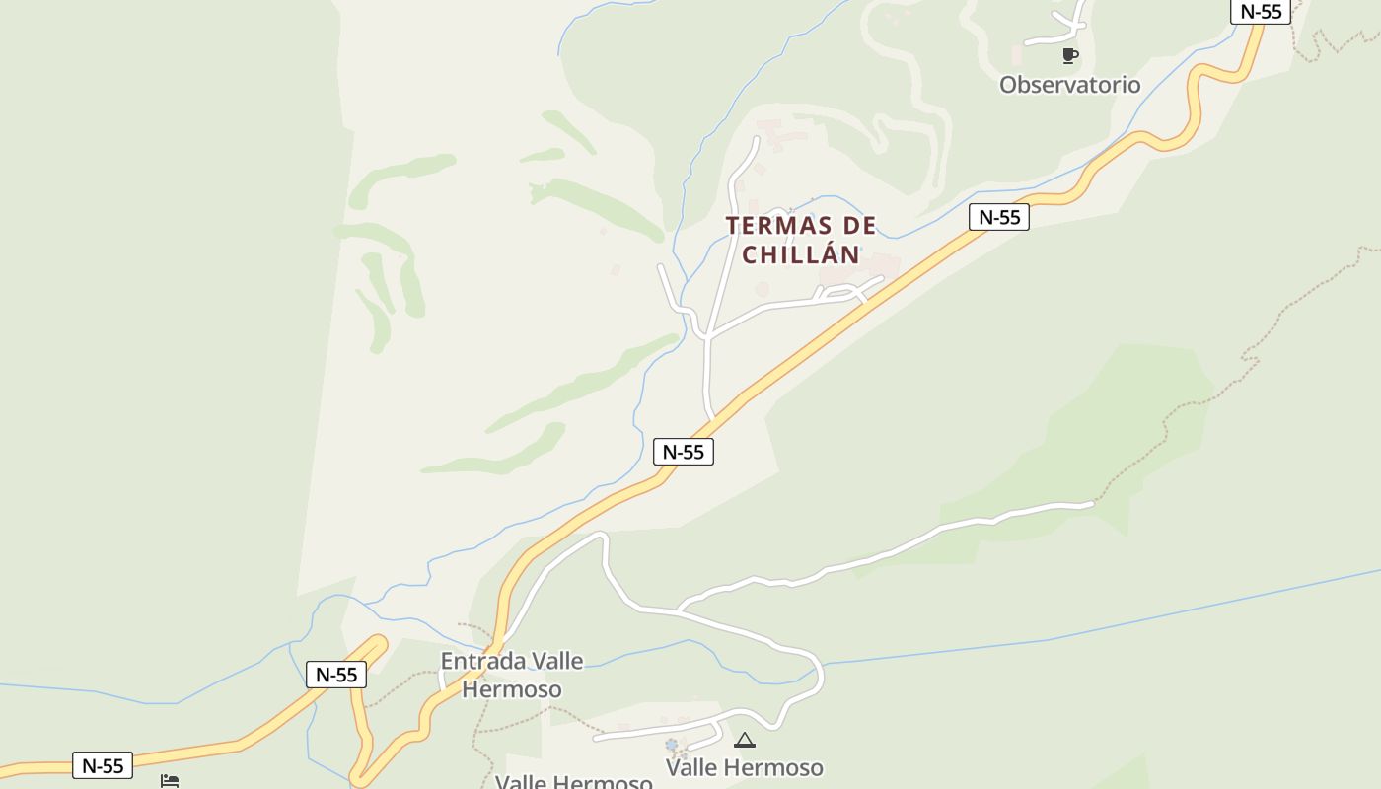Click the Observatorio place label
(1069, 85)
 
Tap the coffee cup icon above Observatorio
(1069, 55)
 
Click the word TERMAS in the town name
(772, 226)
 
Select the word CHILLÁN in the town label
(801, 254)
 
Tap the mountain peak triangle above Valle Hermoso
(745, 740)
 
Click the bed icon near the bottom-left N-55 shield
(170, 781)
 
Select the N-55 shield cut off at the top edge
(1261, 11)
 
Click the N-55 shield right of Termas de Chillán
(998, 217)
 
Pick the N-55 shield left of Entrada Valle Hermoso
(336, 675)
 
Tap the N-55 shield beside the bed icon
(103, 765)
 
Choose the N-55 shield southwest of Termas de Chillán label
(683, 452)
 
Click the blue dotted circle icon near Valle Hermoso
(672, 744)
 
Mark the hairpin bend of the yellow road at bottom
(359, 779)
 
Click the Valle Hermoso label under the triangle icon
(744, 767)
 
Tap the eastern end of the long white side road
(1091, 504)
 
